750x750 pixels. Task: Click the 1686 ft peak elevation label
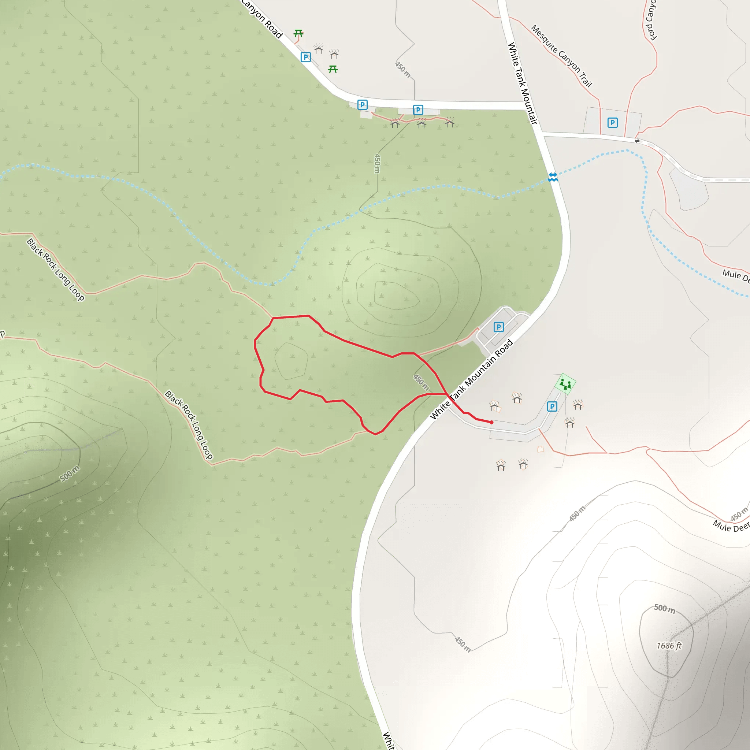669,646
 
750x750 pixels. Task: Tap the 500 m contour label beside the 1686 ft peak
665,608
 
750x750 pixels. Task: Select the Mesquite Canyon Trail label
561,56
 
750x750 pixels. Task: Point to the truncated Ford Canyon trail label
651,20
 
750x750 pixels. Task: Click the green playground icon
565,384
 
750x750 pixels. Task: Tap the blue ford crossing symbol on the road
553,177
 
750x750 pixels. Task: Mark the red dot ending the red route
491,422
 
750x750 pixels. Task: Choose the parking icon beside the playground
552,406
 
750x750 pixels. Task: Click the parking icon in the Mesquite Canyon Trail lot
613,123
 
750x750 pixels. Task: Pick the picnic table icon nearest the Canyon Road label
298,33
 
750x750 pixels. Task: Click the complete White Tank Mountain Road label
472,379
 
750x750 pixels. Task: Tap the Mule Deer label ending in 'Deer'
731,526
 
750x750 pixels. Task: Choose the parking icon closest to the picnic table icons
305,57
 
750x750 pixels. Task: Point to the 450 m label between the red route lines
421,382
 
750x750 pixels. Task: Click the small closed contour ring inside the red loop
291,361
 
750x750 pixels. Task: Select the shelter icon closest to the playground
578,405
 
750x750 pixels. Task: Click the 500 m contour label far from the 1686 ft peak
70,474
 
